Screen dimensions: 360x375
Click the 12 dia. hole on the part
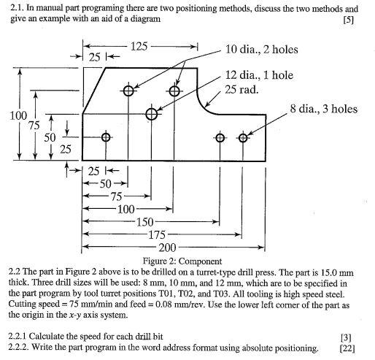point(151,114)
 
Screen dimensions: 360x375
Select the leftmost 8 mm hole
point(107,137)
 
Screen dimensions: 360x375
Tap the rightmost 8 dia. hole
point(242,137)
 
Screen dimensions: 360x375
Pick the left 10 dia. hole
point(129,91)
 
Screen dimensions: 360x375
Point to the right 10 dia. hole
point(174,91)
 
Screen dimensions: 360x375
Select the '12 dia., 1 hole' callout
point(259,75)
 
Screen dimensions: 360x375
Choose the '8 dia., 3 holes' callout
point(323,109)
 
